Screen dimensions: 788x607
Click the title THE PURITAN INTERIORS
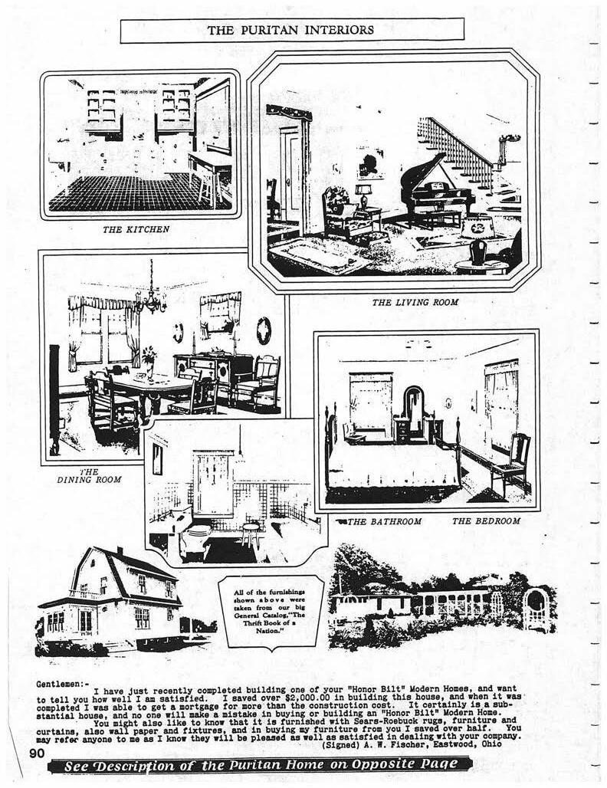[291, 30]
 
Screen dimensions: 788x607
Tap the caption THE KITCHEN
[136, 228]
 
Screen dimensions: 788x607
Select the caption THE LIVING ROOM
[415, 302]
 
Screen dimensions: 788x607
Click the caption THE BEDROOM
[486, 521]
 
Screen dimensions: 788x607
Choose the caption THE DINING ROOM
[89, 476]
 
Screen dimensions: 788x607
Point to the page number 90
[38, 754]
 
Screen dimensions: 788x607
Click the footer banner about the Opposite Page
[261, 764]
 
